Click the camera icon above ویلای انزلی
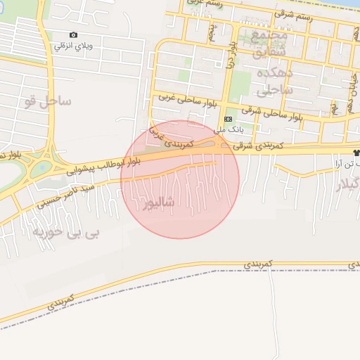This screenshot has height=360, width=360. click(x=74, y=35)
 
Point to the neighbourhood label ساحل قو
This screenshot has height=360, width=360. click(x=47, y=101)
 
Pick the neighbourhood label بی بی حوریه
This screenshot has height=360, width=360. click(x=70, y=233)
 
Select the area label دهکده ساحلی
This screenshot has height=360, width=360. click(x=271, y=82)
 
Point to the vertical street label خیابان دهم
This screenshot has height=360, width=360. click(x=350, y=96)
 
